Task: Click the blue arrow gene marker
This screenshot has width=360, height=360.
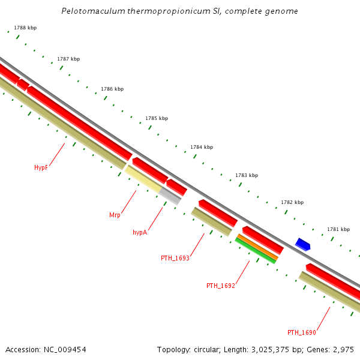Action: [x=302, y=244]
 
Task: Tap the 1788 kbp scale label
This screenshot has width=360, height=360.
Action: [x=25, y=28]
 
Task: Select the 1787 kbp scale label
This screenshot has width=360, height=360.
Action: [x=68, y=59]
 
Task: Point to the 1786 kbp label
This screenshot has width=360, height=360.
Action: [x=112, y=89]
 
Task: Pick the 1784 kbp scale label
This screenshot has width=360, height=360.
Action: [x=202, y=147]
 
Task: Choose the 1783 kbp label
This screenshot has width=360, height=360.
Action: [x=247, y=175]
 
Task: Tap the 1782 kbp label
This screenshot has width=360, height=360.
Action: [x=292, y=202]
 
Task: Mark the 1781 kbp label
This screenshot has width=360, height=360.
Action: [x=338, y=229]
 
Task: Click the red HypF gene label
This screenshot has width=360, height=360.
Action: [x=41, y=168]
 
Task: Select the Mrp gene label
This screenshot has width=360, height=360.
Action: [x=115, y=215]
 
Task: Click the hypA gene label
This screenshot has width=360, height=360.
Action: [x=139, y=232]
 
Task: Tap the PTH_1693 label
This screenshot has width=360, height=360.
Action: [x=175, y=258]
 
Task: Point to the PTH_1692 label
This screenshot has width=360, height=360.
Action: [x=220, y=286]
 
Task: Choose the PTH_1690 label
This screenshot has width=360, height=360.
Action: [x=301, y=332]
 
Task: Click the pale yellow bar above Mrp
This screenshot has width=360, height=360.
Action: [x=143, y=179]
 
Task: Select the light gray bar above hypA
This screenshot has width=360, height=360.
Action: [x=170, y=196]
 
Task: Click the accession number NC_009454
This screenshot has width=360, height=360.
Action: [x=66, y=349]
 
